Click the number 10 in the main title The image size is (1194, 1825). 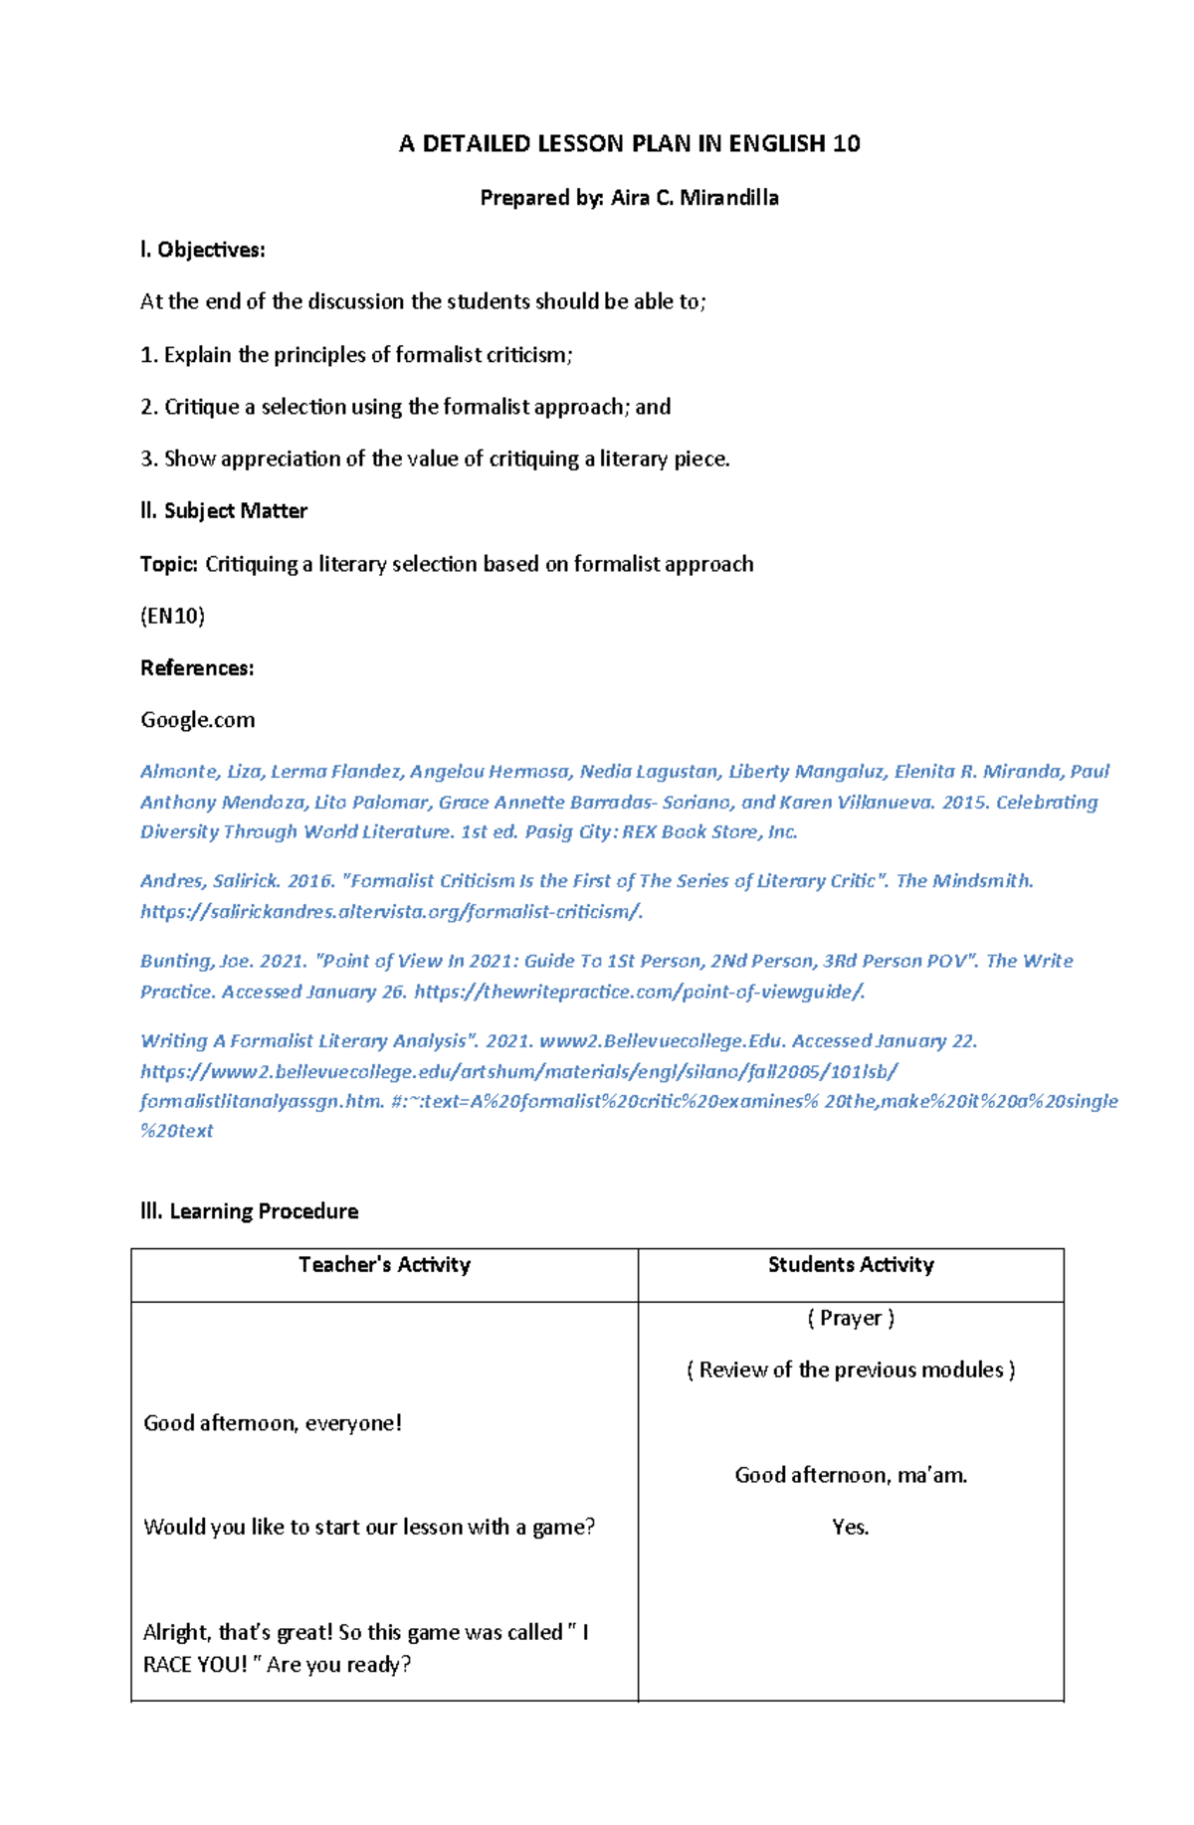pos(846,144)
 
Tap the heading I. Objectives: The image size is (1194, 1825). pos(203,250)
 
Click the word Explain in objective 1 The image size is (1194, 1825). pos(197,355)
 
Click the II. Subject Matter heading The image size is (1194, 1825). pos(224,511)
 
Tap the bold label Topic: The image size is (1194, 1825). pos(169,564)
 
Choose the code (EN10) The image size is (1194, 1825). pos(172,616)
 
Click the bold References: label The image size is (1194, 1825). pos(197,668)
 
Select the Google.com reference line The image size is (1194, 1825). pos(197,720)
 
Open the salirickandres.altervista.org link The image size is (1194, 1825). pos(391,912)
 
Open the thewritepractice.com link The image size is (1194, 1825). pos(639,992)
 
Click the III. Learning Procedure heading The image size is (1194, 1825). pos(249,1211)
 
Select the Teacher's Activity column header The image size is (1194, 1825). pos(384,1265)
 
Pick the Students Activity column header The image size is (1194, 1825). pos(851,1265)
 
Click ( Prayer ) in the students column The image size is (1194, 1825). pos(851,1318)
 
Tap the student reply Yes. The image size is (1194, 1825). pos(851,1528)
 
